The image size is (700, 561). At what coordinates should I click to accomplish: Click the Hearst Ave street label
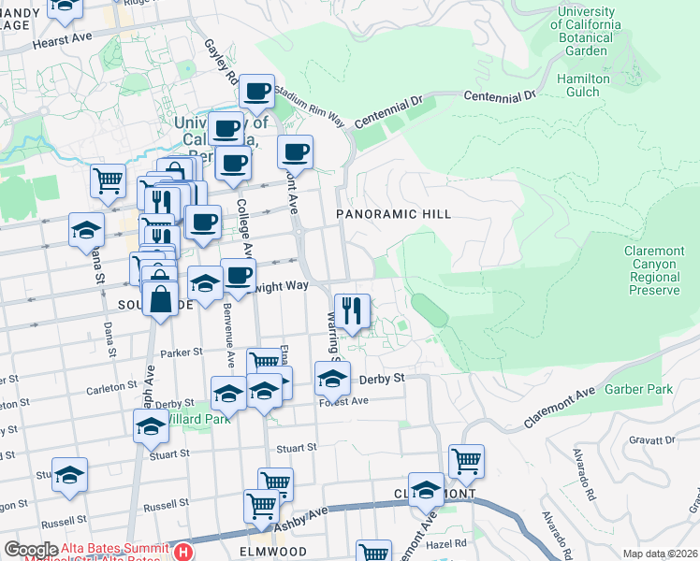point(63,43)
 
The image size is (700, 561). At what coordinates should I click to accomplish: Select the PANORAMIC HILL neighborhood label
point(394,214)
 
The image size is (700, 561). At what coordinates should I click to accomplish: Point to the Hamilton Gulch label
point(583,86)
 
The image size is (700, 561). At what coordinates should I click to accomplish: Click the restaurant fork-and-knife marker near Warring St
point(352,311)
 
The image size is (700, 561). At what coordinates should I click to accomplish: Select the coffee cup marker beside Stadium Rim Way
point(256,92)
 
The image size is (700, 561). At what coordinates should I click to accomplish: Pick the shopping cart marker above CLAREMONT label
point(466,461)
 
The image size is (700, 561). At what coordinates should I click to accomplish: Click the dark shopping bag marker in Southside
point(161,299)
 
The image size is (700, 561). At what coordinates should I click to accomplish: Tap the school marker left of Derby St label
point(332,379)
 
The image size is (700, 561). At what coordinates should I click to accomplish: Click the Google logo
point(31,550)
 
